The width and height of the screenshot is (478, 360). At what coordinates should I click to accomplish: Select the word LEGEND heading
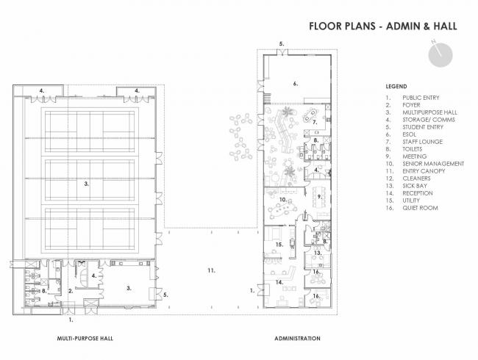click(x=396, y=86)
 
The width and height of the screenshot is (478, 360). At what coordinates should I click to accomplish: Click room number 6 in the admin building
click(x=295, y=84)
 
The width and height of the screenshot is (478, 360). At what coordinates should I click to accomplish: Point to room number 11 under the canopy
click(x=210, y=272)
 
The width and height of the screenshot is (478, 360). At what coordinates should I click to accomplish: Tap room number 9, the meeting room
click(x=320, y=196)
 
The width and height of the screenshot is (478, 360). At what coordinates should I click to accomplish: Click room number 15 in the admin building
click(x=279, y=243)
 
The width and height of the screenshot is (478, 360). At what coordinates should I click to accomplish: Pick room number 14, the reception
click(x=279, y=281)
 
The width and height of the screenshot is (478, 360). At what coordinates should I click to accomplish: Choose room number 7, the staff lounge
click(x=314, y=122)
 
